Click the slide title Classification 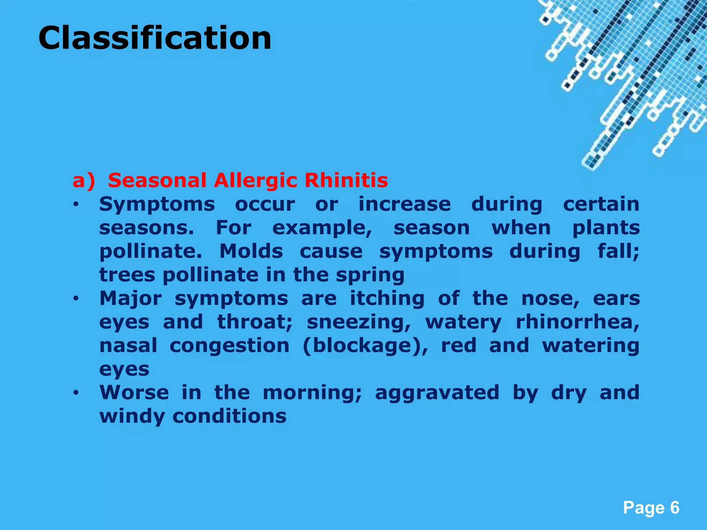pos(155,38)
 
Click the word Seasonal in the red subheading pos(157,180)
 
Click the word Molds pos(251,251)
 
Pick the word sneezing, pos(359,323)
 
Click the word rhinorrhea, pos(578,322)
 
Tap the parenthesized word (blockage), pos(365,346)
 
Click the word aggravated pos(437,393)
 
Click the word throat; pos(255,322)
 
